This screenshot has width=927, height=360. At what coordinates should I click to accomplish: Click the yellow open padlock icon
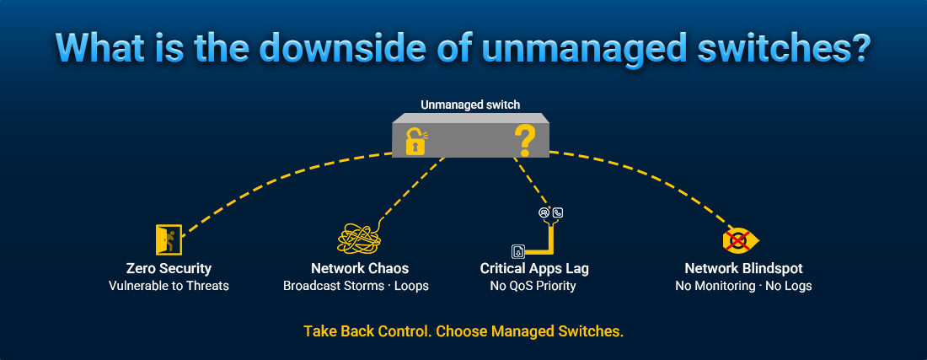414,142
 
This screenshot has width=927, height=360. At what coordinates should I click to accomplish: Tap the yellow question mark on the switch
524,141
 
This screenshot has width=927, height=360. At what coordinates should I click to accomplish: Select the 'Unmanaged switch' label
470,105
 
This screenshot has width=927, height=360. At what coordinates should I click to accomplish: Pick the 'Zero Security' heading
169,268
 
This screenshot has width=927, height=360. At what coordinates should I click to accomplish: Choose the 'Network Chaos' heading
360,268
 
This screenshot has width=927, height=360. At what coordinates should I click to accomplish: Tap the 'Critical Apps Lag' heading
534,268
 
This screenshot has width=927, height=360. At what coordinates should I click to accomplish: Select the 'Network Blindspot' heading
743,268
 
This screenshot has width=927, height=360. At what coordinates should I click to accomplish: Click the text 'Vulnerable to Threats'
169,286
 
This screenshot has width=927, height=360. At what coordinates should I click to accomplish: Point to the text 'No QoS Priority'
534,286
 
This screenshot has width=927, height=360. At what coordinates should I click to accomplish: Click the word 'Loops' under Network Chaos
410,286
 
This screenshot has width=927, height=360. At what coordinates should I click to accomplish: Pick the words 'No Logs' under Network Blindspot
788,286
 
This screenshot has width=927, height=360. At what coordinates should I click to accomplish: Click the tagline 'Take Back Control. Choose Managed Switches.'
463,330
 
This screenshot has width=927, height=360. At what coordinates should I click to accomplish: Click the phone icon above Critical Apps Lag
557,213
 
